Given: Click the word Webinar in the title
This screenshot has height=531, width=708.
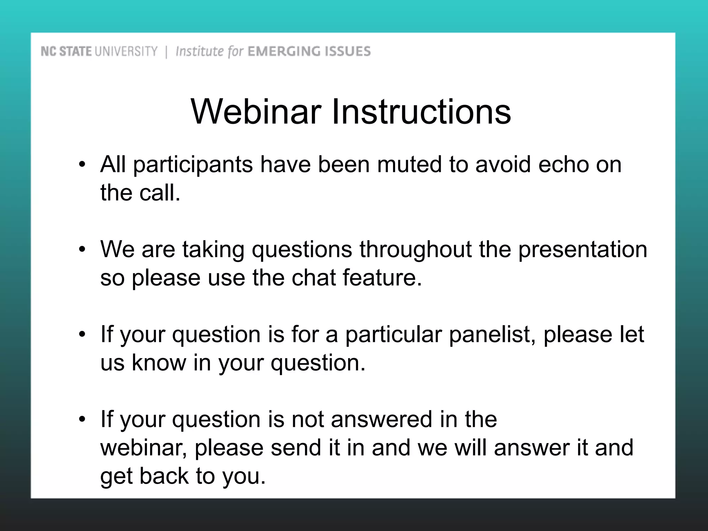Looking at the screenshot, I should (x=256, y=112).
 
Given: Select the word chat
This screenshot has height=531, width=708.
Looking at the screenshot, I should (x=314, y=278).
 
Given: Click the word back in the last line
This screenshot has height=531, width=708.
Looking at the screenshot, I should (x=164, y=476).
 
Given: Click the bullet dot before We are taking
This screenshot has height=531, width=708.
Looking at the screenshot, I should (x=82, y=250).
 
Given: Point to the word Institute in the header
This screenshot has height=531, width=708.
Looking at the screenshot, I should (x=199, y=52).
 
